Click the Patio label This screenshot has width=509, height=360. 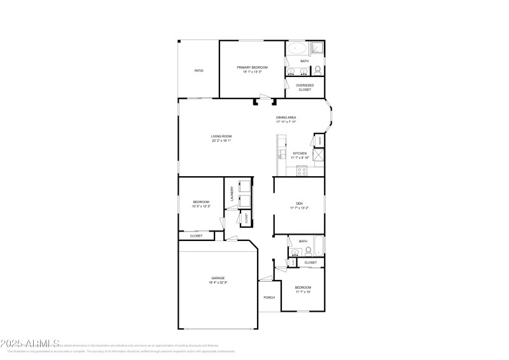199,70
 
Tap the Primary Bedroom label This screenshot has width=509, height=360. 252,67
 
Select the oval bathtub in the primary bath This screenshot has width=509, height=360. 296,48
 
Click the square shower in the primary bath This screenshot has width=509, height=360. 316,48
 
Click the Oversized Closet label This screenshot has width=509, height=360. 304,87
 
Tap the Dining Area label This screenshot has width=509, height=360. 286,118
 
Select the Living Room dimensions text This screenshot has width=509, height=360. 221,141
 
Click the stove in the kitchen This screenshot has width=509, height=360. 302,170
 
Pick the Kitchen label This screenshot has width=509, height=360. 300,153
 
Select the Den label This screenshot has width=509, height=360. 299,204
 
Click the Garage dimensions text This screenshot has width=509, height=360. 218,282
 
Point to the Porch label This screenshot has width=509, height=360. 269,298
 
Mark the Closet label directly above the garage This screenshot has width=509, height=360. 196,235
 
